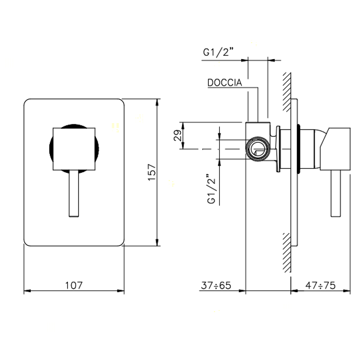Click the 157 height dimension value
(152, 172)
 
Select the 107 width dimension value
(74, 285)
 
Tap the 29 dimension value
(177, 135)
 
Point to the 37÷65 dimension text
(216, 285)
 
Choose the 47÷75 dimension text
(320, 285)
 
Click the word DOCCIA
(225, 83)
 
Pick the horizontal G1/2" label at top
(218, 52)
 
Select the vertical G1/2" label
(211, 189)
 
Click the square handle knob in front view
(74, 149)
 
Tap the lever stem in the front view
(74, 193)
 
